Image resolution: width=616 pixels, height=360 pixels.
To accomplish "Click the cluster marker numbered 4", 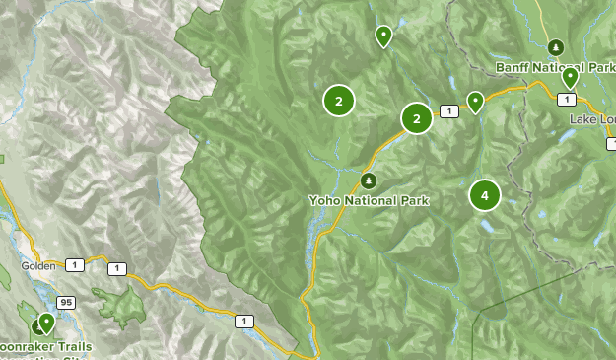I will (x=485, y=195).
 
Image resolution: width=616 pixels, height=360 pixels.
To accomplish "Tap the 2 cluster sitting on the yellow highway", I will (x=417, y=119).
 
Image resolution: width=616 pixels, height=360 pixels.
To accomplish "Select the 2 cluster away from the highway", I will (x=338, y=100).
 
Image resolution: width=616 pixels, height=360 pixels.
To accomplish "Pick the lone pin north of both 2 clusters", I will (x=383, y=36).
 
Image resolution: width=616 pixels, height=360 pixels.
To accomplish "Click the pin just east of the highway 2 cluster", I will (x=475, y=101).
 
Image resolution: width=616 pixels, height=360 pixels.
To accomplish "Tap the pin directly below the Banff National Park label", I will (x=570, y=77).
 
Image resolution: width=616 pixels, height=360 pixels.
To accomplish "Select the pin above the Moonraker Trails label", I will (x=45, y=322).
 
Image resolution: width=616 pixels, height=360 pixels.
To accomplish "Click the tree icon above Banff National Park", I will (x=555, y=47).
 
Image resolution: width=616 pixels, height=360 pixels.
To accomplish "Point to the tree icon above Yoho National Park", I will (x=369, y=180).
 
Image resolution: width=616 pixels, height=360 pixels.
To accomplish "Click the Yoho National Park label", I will (x=369, y=200).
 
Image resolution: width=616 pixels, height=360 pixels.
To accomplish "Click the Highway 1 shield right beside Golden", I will (x=74, y=263).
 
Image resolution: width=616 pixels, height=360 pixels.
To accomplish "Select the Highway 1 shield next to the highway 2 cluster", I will (x=449, y=111).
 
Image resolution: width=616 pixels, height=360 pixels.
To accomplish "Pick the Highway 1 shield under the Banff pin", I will (x=567, y=99).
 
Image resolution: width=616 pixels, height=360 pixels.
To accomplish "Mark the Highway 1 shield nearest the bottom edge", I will (x=243, y=320).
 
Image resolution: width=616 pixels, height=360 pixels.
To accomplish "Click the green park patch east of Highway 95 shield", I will (x=119, y=306).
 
